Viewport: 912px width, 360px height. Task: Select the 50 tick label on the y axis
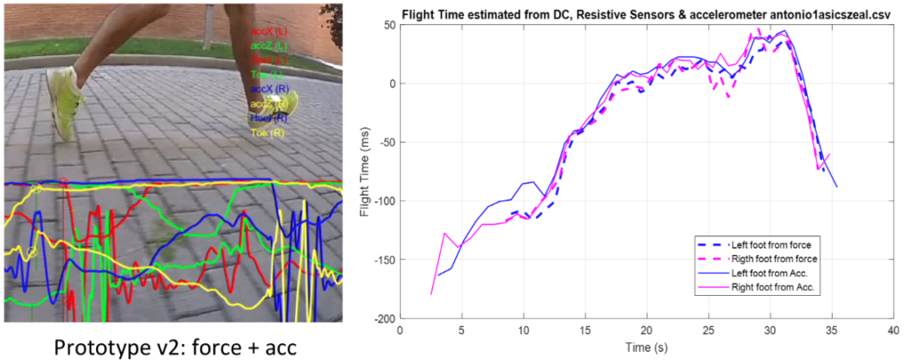click(390, 25)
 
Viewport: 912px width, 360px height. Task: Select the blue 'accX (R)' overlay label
click(270, 89)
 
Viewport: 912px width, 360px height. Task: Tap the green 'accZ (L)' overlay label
click(270, 45)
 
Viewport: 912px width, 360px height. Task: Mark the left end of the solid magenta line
click(431, 293)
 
